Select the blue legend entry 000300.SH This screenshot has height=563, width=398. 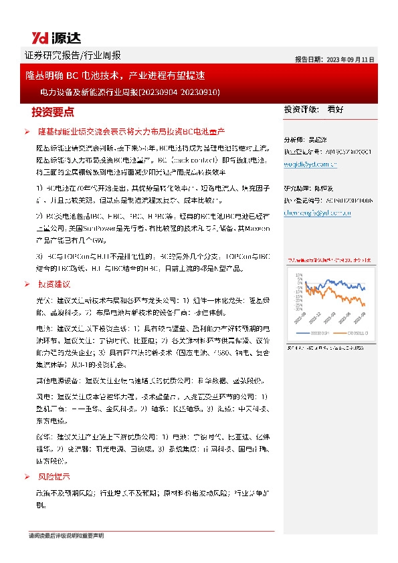coord(319,332)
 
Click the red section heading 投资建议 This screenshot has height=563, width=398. coord(54,285)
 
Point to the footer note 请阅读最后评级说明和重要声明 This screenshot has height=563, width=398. coord(66,536)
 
